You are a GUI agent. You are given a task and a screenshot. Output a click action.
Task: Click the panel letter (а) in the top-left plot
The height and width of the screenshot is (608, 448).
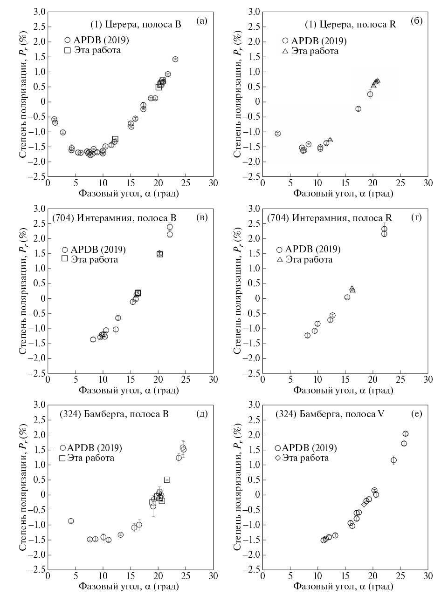pos(201,20)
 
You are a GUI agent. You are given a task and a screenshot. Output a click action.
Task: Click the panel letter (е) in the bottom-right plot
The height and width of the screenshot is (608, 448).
pos(417,414)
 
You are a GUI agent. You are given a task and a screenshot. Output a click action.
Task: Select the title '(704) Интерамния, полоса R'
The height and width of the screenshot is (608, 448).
pos(330,218)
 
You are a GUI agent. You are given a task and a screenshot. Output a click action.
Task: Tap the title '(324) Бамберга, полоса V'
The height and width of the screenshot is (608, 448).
pos(330,414)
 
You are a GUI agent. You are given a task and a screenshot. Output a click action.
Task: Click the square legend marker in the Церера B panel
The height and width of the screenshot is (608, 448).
pos(68,50)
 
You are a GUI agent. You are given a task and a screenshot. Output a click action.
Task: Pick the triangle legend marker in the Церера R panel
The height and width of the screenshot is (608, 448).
pos(285,51)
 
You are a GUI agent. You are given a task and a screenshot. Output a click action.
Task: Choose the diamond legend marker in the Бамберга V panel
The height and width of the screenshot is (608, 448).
pos(278,458)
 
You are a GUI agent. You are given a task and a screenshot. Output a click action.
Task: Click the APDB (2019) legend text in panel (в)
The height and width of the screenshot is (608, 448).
pos(98,250)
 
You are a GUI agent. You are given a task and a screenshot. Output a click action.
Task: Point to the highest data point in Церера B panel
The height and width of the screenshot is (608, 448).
pos(175,59)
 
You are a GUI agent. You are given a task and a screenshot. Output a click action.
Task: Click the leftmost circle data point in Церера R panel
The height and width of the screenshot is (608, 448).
pos(278,134)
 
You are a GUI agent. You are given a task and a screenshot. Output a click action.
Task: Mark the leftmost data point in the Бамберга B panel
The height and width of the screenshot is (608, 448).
pos(71,521)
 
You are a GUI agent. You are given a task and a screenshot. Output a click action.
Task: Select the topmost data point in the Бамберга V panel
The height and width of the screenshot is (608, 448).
pos(405,434)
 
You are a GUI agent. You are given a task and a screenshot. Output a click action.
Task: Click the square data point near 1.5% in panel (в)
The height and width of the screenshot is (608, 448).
pos(159,254)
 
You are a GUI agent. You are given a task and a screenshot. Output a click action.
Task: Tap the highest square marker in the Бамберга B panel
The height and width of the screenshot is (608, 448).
pos(167,480)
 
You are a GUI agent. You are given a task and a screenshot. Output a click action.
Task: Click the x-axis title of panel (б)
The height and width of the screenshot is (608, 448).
pos(343,193)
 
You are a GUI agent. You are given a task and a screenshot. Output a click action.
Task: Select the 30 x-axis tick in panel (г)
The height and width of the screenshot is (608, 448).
pos(427,379)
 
